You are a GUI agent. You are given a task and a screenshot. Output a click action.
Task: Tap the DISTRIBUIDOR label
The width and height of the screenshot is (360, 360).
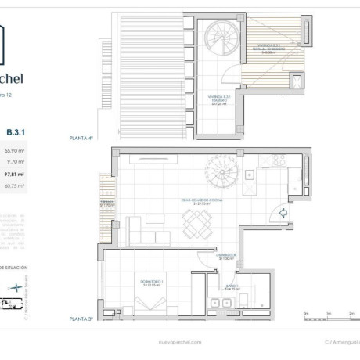click(x=227, y=256)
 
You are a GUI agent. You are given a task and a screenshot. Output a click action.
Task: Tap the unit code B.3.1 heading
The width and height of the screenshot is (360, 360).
click(x=15, y=132)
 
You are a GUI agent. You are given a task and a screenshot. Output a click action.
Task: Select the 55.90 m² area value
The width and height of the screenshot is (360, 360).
click(x=15, y=150)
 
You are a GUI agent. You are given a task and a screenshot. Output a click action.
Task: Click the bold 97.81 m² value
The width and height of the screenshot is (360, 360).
click(x=15, y=175)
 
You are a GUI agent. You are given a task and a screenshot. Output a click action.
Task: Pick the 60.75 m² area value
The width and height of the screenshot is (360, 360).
click(x=15, y=186)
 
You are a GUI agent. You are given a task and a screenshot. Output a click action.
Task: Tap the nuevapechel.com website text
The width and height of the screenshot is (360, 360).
click(x=179, y=342)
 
